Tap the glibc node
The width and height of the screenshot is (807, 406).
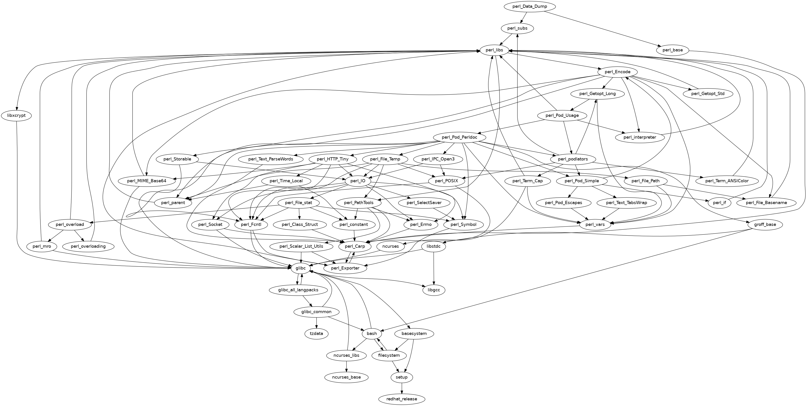pyautogui.click(x=300, y=268)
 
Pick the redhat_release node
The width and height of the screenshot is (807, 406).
pyautogui.click(x=402, y=399)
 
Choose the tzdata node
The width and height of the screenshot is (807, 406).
pyautogui.click(x=316, y=333)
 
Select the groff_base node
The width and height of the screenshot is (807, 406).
pyautogui.click(x=765, y=224)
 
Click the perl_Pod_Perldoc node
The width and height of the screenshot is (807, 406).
pyautogui.click(x=459, y=137)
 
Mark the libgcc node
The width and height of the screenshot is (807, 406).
pyautogui.click(x=434, y=290)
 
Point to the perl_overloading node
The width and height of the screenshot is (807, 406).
pyautogui.click(x=88, y=246)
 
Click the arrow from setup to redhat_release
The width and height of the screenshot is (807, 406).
pyautogui.click(x=402, y=388)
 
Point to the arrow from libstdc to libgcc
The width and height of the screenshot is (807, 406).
pyautogui.click(x=434, y=268)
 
